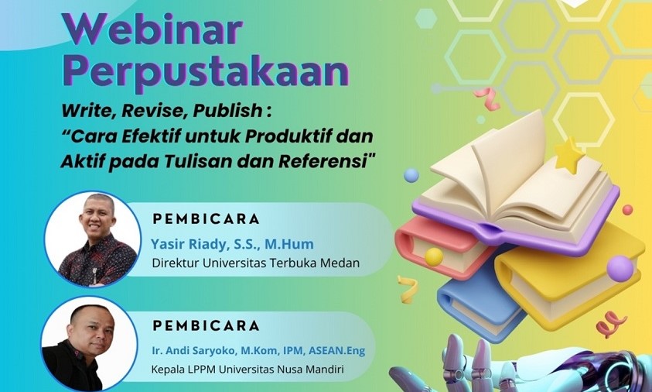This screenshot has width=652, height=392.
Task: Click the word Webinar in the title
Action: [152, 29]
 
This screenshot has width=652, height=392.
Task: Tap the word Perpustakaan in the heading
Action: [206, 72]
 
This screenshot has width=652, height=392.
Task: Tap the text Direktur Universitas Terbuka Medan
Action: [256, 263]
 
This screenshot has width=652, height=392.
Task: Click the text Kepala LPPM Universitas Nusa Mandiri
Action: [247, 369]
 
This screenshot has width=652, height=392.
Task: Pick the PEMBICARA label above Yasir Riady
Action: [207, 219]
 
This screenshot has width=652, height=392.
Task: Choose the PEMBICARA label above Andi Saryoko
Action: [207, 326]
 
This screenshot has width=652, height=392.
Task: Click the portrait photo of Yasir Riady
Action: [93, 239]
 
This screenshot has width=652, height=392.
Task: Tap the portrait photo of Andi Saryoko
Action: [90, 344]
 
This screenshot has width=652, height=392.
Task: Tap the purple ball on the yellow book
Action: [620, 269]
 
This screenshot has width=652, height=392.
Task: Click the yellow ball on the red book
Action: [434, 256]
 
